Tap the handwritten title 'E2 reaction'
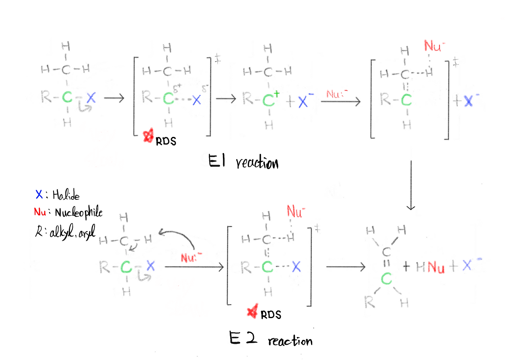pyautogui.click(x=271, y=339)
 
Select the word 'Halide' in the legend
pyautogui.click(x=62, y=196)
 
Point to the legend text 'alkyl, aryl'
pyautogui.click(x=70, y=232)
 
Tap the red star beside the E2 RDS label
pyautogui.click(x=253, y=312)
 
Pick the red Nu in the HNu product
pyautogui.click(x=436, y=267)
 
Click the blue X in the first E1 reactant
pyautogui.click(x=91, y=97)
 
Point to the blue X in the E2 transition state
pyautogui.click(x=296, y=266)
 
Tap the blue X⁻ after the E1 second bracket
pyautogui.click(x=468, y=101)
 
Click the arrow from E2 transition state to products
pyautogui.click(x=346, y=267)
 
